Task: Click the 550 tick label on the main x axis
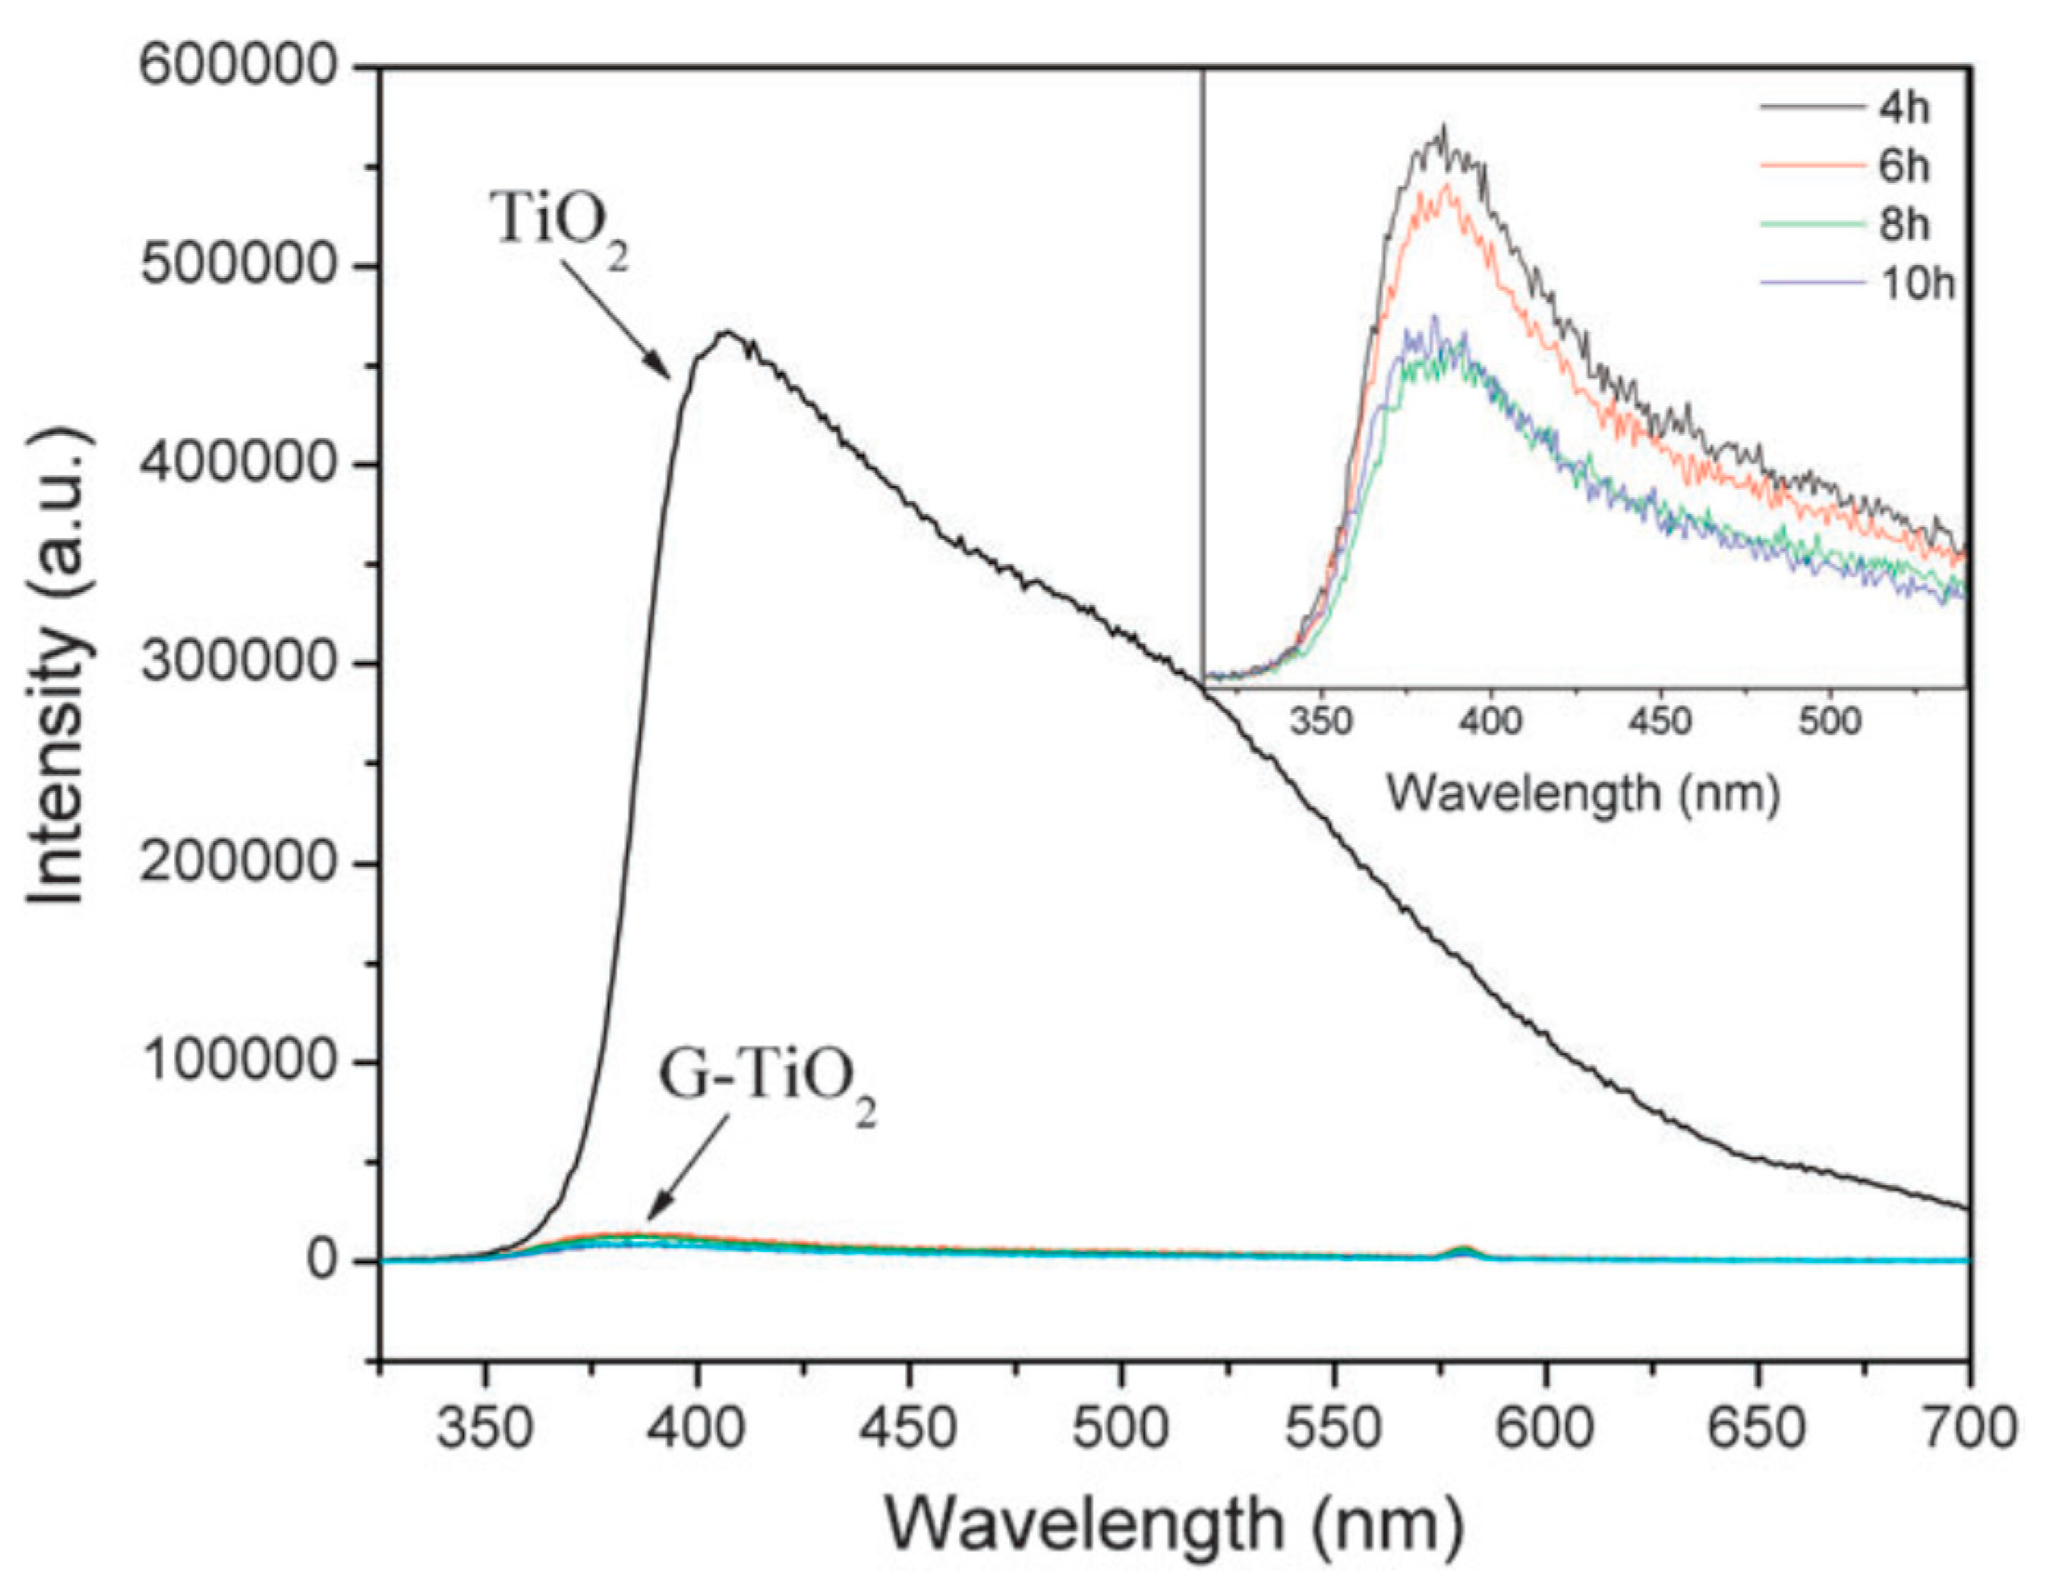[x=1332, y=1429]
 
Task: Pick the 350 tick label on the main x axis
[x=486, y=1429]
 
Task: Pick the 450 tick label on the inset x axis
[x=1659, y=723]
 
